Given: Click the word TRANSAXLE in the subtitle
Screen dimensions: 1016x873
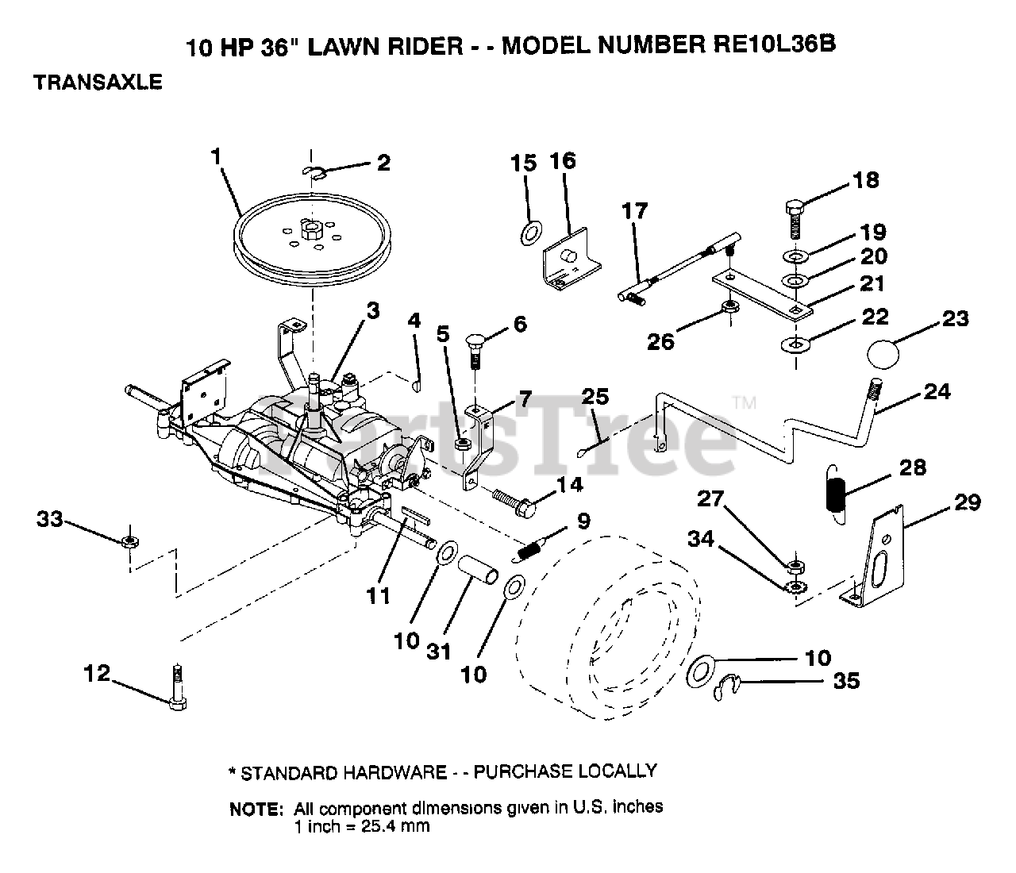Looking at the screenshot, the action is (x=98, y=82).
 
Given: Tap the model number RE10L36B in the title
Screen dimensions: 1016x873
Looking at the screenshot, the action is (x=774, y=44).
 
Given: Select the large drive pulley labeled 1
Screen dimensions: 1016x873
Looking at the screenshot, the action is (x=312, y=240).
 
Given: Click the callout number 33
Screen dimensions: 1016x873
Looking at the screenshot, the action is (x=50, y=518).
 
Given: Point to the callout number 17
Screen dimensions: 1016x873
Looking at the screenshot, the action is (x=634, y=211).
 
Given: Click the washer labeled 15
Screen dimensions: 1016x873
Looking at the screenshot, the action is (x=531, y=233).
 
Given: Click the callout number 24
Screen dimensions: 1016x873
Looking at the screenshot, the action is (x=937, y=392).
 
